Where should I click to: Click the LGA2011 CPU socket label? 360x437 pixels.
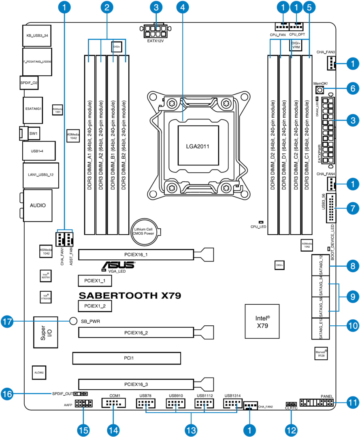[x=198, y=145]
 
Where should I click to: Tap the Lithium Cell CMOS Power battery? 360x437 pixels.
[x=146, y=231]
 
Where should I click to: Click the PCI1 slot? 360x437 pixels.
[x=126, y=358]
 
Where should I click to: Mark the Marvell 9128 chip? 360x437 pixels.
[x=321, y=353]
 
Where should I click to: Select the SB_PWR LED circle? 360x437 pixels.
[x=73, y=321]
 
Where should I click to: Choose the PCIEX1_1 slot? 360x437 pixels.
[x=95, y=280]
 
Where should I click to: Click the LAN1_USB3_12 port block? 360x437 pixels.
[x=41, y=174]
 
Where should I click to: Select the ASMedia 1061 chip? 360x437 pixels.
[x=57, y=110]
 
